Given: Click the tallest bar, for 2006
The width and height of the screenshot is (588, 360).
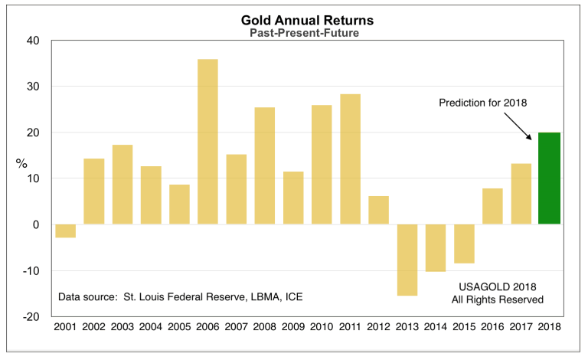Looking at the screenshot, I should tap(207, 142).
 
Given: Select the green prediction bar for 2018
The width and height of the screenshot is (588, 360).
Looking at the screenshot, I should tap(550, 178).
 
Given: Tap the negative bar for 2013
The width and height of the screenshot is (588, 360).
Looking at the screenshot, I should tap(407, 260).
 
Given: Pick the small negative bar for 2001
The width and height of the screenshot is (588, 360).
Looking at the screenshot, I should tap(66, 231).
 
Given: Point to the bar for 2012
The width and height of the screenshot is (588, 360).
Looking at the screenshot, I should tap(378, 210).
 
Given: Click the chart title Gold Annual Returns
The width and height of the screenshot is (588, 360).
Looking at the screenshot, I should tap(293, 21).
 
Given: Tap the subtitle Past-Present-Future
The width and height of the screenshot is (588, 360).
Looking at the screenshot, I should tap(293, 34).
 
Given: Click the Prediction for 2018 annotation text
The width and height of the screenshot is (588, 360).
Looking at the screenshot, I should tap(484, 103).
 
